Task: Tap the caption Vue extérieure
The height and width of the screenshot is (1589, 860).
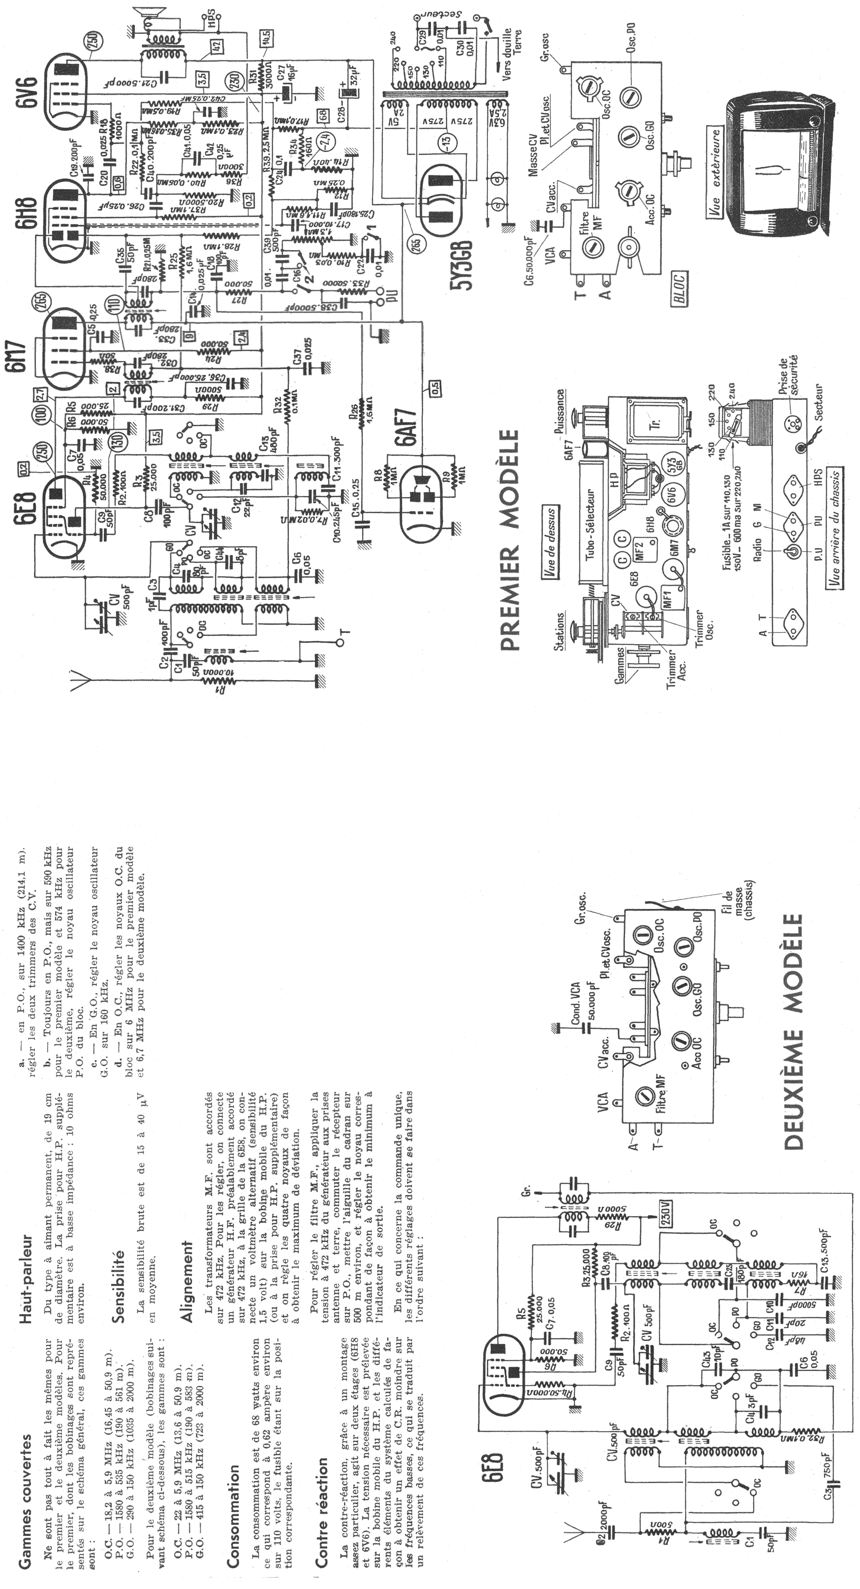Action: [x=717, y=169]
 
